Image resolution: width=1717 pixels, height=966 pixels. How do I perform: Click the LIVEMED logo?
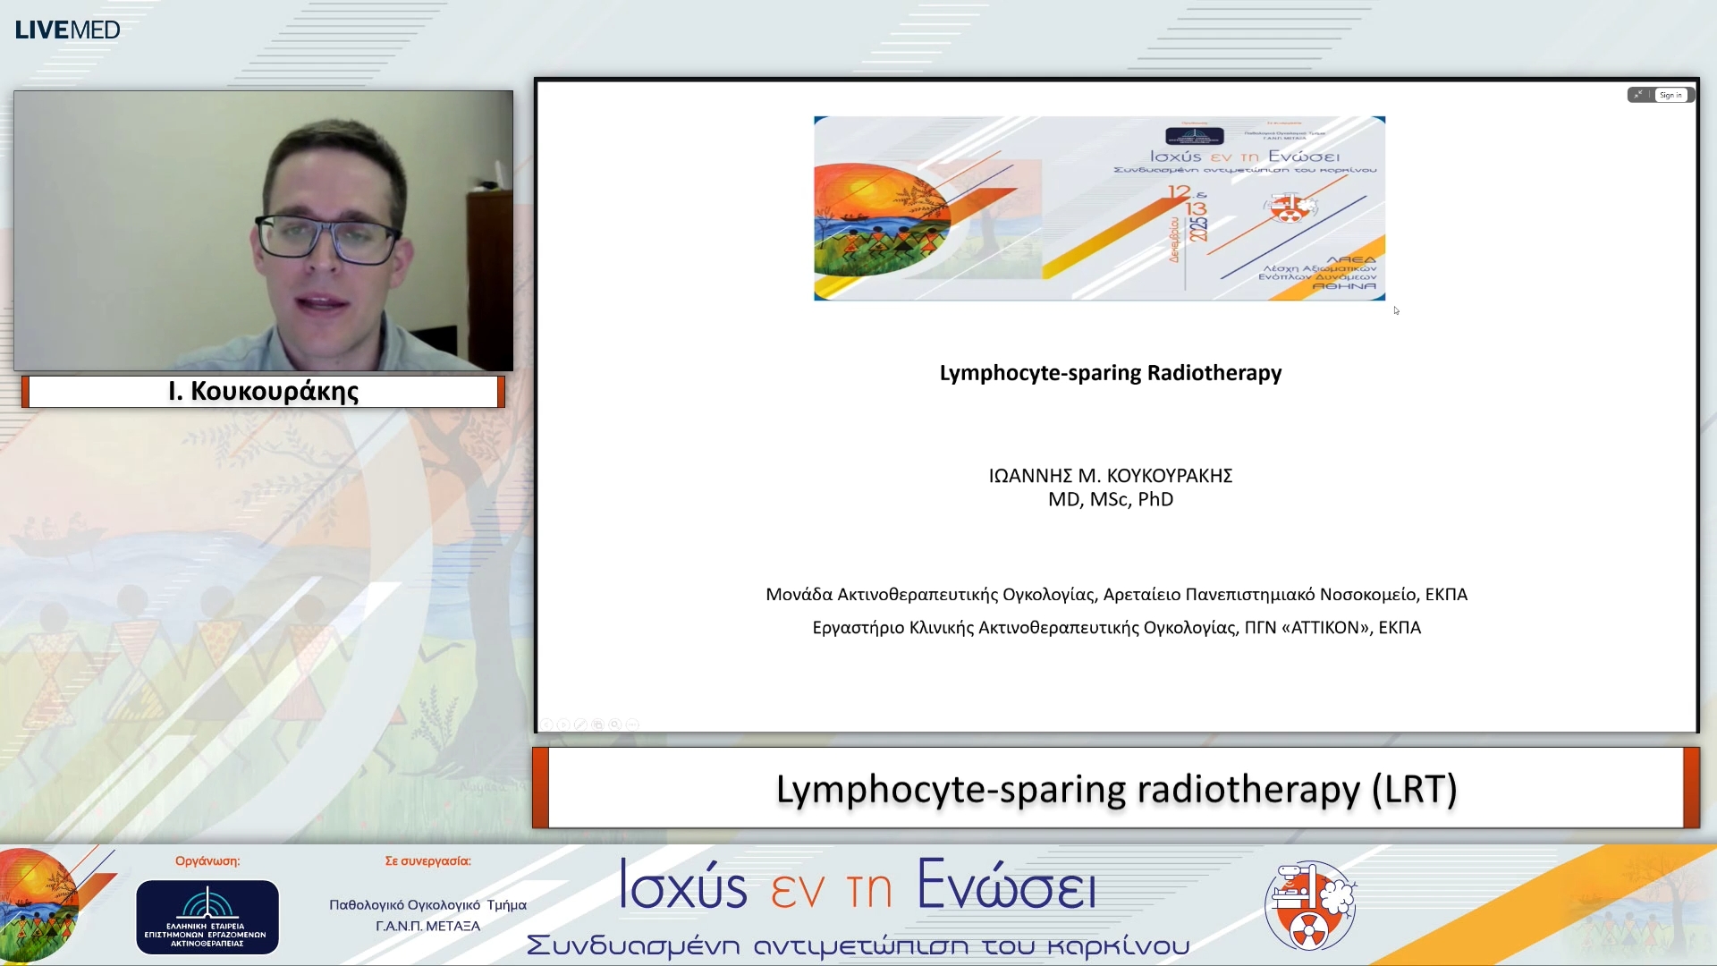67,30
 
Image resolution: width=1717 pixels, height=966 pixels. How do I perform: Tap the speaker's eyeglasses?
326,237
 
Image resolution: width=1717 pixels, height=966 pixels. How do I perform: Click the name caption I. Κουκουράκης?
263,392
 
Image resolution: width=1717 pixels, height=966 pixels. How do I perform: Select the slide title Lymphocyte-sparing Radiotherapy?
1110,373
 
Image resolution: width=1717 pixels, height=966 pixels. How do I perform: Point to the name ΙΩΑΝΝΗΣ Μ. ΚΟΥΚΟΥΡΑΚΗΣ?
1110,476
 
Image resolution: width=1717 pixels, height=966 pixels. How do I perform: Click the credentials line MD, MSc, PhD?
1110,500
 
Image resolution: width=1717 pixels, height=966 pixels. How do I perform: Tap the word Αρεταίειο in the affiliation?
1141,595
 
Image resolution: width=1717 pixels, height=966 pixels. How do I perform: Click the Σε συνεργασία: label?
427,861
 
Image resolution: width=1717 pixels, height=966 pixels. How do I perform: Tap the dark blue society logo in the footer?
207,917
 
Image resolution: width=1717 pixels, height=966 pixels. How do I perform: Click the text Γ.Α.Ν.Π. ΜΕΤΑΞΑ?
427,927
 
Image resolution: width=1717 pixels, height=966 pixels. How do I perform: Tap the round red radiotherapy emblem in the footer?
1310,906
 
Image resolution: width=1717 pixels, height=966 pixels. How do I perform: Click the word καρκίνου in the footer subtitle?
1118,946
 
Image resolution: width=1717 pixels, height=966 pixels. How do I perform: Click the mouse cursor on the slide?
1396,310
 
